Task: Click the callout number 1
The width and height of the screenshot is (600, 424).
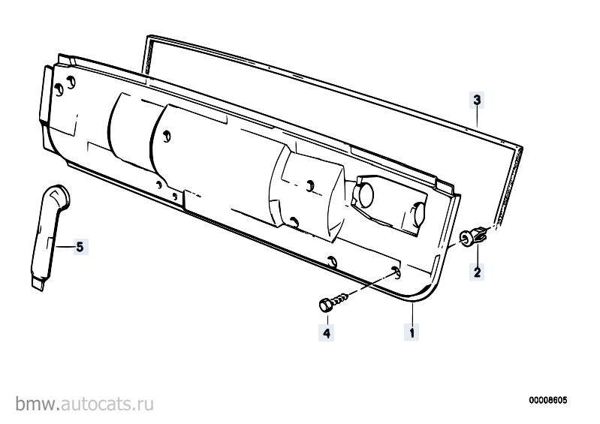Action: (x=412, y=332)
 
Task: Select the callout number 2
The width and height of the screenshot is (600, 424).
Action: (x=477, y=272)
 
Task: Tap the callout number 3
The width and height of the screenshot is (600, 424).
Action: (x=477, y=101)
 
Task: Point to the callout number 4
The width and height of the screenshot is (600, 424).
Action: (x=327, y=332)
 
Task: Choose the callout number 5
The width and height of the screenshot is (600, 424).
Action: (x=80, y=247)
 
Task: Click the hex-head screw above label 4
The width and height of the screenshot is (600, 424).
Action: (x=333, y=301)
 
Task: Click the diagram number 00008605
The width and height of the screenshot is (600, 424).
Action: (x=548, y=400)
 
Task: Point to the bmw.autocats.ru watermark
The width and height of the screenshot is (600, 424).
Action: (x=85, y=404)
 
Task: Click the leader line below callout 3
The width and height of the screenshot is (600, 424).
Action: (x=477, y=117)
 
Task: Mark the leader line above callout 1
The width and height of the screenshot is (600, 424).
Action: (x=412, y=314)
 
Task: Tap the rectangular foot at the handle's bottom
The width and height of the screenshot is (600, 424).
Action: (x=38, y=284)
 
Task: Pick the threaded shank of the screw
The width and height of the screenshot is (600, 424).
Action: (x=339, y=298)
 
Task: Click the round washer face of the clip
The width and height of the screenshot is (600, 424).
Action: (x=465, y=239)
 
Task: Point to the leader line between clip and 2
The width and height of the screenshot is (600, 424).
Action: (x=478, y=254)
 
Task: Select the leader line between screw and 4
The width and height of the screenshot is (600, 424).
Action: (x=327, y=317)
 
